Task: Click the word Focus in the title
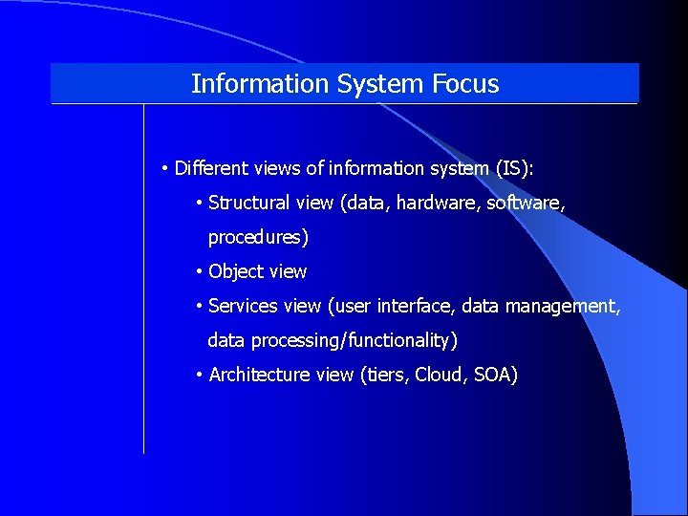point(465,84)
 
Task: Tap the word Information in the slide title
point(260,84)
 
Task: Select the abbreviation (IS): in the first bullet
point(515,169)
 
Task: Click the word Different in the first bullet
point(212,169)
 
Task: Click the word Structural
point(248,203)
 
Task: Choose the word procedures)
point(258,237)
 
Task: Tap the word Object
point(235,271)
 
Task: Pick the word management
point(568,306)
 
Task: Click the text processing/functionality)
point(355,340)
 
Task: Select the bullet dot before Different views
point(165,169)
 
